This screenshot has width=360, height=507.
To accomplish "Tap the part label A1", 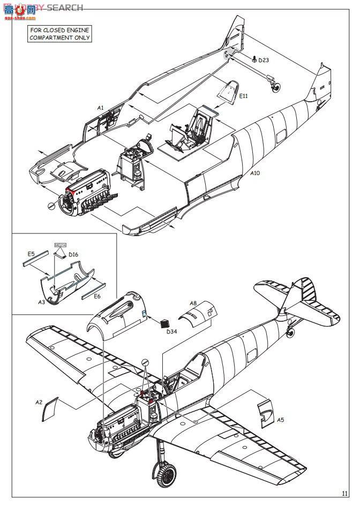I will tap(100, 108).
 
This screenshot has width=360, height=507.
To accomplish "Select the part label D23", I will tap(264, 60).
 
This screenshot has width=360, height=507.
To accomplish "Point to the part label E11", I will tap(244, 96).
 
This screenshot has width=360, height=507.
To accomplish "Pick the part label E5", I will tap(31, 254).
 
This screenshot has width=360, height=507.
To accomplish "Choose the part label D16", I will tap(73, 254).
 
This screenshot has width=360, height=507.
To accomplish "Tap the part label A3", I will tap(41, 302).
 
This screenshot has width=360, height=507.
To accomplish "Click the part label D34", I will tap(171, 332).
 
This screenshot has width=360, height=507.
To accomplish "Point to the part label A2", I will tap(39, 402).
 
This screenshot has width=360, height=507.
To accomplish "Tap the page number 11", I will tap(344, 494).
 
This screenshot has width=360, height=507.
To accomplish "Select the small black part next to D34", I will tap(164, 323).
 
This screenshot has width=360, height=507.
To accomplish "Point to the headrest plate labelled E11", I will tap(229, 88).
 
